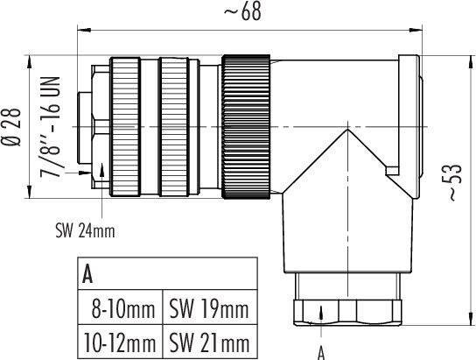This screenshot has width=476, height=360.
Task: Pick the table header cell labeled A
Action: [x=88, y=274]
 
